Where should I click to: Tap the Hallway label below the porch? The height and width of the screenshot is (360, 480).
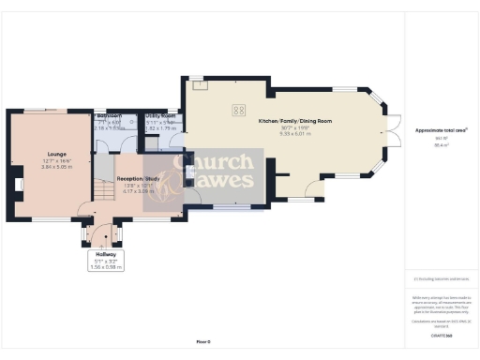[105, 255]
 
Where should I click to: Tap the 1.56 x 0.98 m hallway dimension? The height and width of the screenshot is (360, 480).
[105, 267]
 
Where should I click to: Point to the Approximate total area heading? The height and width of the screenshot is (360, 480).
[441, 129]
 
